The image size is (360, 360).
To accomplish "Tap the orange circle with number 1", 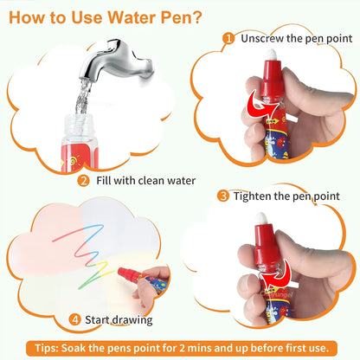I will [x=228, y=38].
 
